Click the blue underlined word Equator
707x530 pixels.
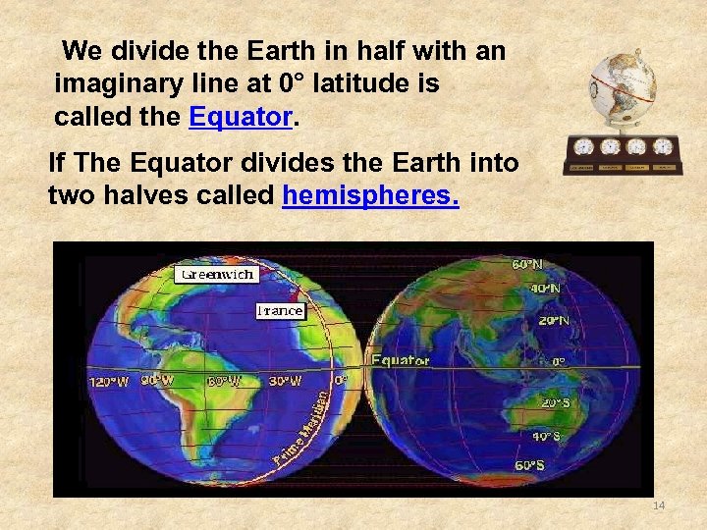click(x=240, y=118)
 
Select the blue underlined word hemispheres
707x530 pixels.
click(x=370, y=195)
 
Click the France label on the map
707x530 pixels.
click(x=280, y=311)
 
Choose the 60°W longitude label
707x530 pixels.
click(x=222, y=381)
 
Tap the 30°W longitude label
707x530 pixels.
click(x=285, y=380)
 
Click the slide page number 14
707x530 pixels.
click(x=658, y=505)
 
